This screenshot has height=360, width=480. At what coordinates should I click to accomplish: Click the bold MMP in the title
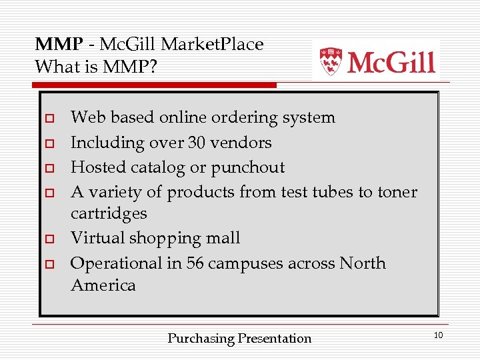tap(59, 45)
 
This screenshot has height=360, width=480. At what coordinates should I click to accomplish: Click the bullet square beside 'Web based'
tap(49, 119)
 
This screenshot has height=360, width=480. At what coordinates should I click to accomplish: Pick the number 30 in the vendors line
tap(197, 143)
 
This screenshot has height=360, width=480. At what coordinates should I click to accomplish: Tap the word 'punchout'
tap(248, 167)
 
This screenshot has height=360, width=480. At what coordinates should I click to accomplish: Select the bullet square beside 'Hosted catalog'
tap(49, 168)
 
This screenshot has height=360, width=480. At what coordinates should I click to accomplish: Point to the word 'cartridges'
tap(109, 214)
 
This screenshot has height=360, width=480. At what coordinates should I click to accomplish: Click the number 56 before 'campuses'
tap(195, 263)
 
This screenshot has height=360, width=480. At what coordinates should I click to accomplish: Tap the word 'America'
tap(103, 285)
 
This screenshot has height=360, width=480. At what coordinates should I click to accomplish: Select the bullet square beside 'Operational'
tap(49, 264)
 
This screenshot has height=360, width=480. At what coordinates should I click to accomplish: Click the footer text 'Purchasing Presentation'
tap(239, 339)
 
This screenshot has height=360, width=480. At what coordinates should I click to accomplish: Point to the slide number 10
tap(438, 335)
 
